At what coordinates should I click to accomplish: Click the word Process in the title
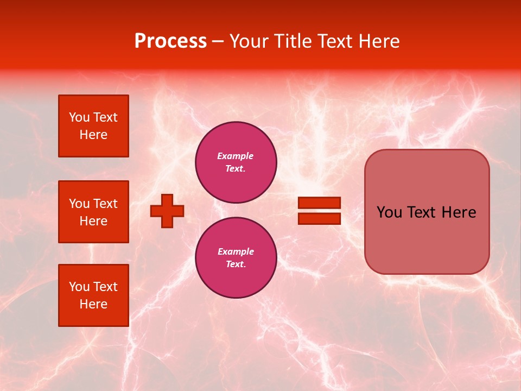click(170, 41)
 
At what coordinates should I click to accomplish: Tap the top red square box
click(93, 126)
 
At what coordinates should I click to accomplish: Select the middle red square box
click(93, 212)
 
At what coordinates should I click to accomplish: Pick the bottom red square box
click(93, 295)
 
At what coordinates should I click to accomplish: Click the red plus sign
click(167, 211)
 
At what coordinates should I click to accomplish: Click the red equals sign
click(319, 211)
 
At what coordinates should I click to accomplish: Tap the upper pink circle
click(236, 162)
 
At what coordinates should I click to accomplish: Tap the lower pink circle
click(236, 258)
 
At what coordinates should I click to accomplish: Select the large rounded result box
click(427, 212)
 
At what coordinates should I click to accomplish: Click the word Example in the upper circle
click(236, 156)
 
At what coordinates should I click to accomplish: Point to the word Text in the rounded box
click(426, 212)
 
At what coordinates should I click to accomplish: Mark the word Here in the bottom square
click(93, 304)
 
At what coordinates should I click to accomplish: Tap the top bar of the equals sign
click(319, 203)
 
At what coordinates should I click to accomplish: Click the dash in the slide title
click(218, 42)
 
